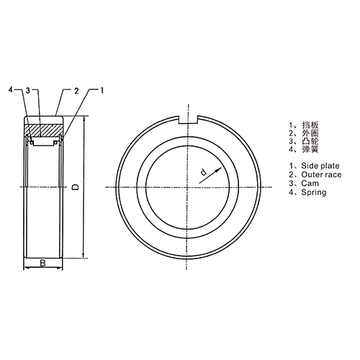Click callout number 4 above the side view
click(11, 90)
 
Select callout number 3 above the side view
click(29, 90)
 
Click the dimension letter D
click(76, 187)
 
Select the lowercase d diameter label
click(203, 172)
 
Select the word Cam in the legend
click(303, 184)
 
